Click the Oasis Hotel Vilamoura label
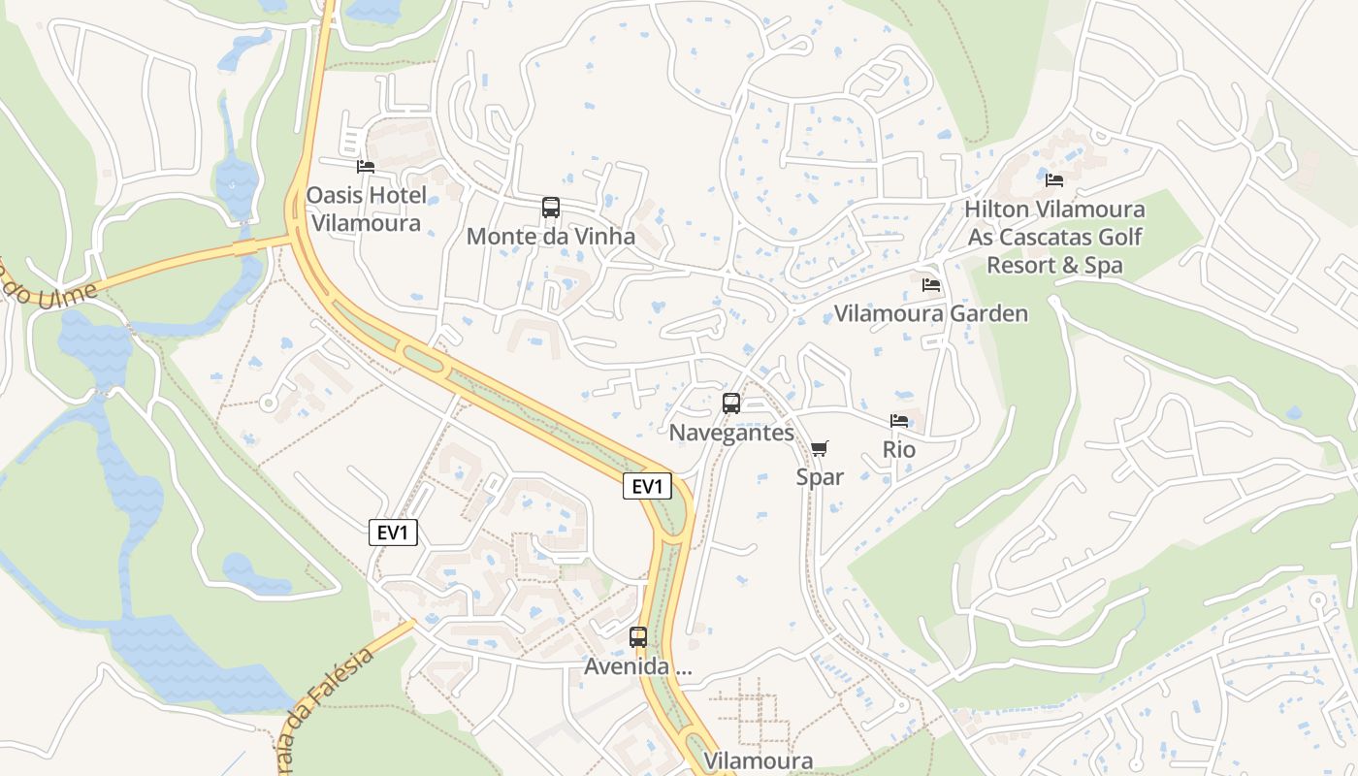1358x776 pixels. click(367, 209)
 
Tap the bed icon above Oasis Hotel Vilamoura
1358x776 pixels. click(366, 167)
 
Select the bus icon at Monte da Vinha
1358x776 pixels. click(551, 208)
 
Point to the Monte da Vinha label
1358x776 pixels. click(551, 237)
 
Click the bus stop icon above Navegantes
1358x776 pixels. click(731, 404)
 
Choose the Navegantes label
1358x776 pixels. click(731, 433)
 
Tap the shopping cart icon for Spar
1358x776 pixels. click(820, 448)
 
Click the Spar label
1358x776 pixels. click(820, 477)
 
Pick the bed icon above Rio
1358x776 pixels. click(899, 421)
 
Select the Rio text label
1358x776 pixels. click(899, 450)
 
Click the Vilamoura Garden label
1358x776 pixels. click(931, 313)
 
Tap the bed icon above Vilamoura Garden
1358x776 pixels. click(931, 285)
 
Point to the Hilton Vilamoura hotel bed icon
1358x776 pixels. click(1054, 180)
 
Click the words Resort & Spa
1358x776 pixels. click(1054, 265)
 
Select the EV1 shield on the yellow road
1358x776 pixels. click(647, 487)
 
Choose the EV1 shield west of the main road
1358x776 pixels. click(393, 533)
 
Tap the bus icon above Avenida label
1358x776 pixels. click(638, 637)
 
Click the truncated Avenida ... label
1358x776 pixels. click(638, 667)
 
